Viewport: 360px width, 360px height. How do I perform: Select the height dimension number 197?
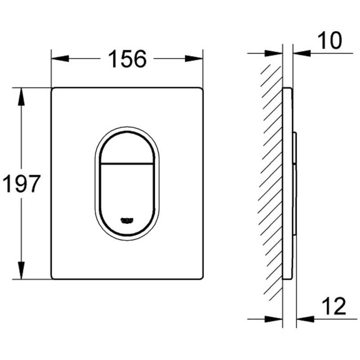(22, 184)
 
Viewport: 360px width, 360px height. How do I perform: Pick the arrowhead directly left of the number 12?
(305, 319)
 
